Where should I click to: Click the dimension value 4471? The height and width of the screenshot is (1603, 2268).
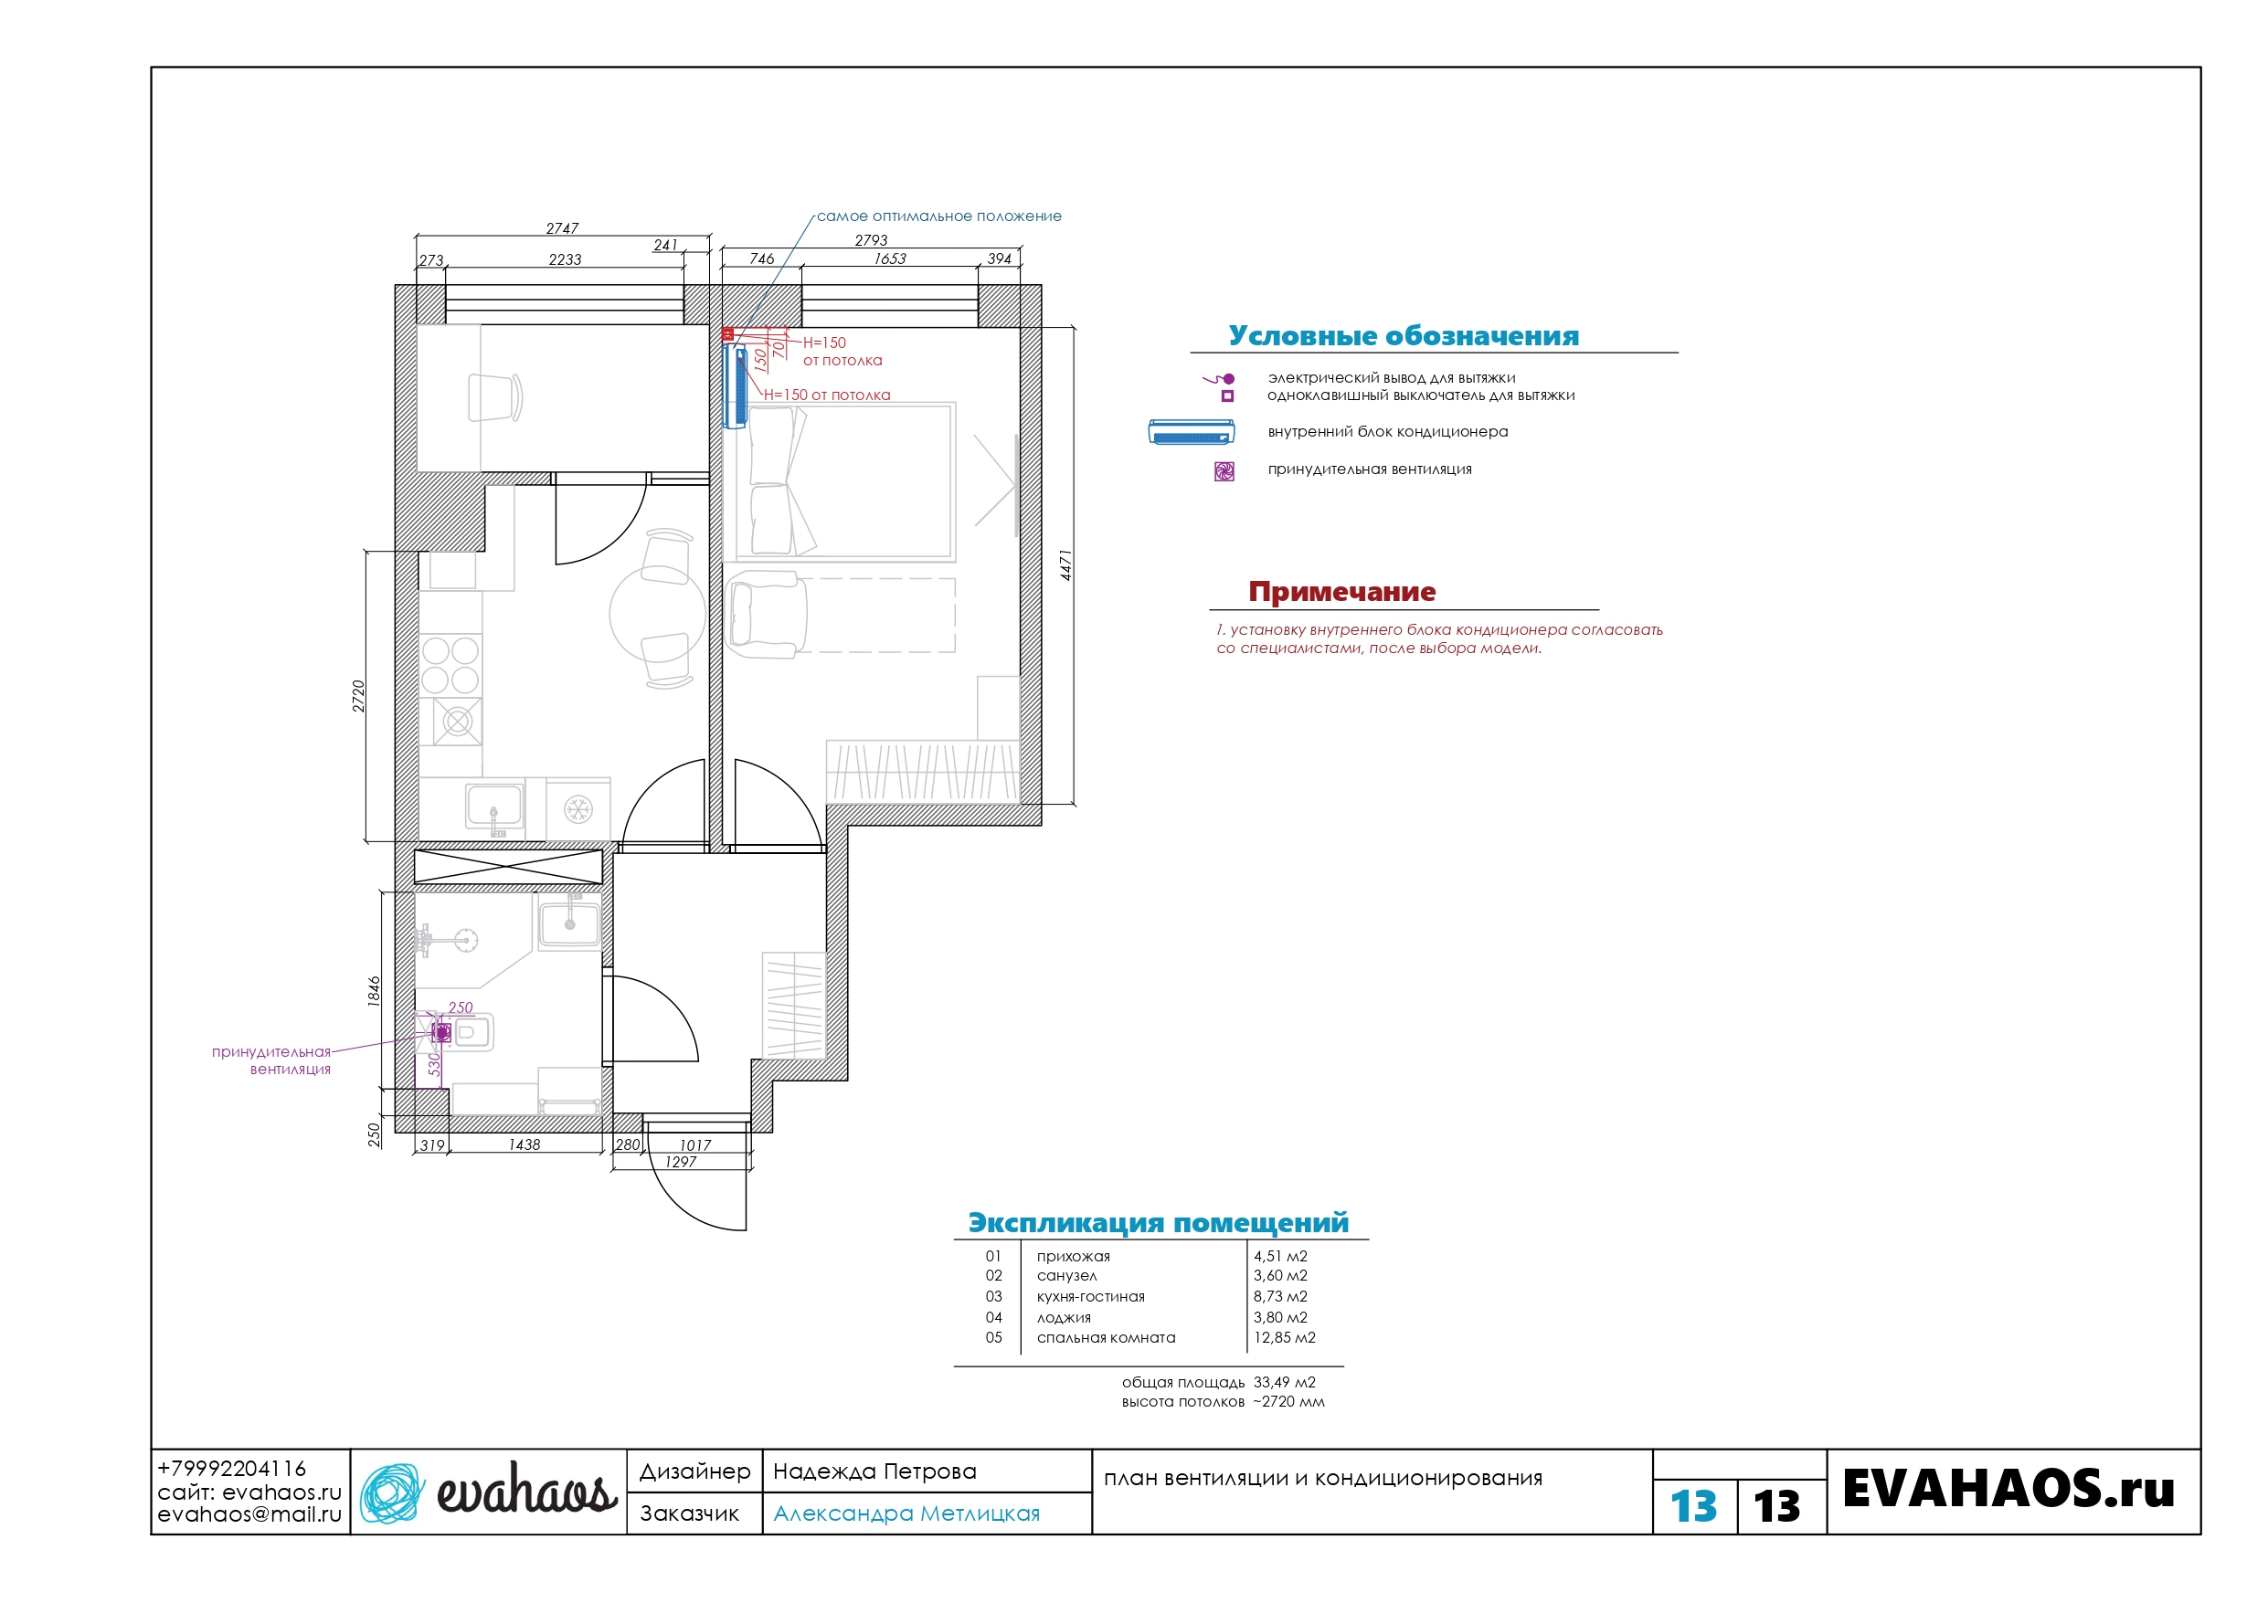click(x=1065, y=565)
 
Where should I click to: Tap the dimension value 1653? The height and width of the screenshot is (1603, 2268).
click(x=890, y=258)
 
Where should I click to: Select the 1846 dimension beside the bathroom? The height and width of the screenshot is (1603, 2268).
click(x=375, y=991)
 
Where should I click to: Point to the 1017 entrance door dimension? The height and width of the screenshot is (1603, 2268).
click(x=694, y=1144)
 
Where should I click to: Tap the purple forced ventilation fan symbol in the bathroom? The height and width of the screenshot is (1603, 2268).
click(x=441, y=1032)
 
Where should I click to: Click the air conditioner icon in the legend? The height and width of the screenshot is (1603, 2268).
click(x=1192, y=433)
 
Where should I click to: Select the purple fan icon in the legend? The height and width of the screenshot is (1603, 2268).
click(x=1224, y=471)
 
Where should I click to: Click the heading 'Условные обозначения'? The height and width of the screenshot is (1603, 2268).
click(x=1404, y=336)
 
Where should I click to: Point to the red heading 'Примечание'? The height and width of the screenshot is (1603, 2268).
click(x=1341, y=592)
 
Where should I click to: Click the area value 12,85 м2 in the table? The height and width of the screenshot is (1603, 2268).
click(x=1284, y=1337)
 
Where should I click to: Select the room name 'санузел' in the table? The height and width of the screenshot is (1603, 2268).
click(x=1066, y=1276)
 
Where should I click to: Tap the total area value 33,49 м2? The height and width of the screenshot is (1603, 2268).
click(x=1284, y=1382)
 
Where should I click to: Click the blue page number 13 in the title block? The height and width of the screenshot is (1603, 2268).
click(x=1693, y=1506)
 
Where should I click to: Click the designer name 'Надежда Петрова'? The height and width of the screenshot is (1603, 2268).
click(x=874, y=1471)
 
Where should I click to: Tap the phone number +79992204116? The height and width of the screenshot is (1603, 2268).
click(x=232, y=1469)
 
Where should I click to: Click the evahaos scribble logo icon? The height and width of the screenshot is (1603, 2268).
click(x=391, y=1492)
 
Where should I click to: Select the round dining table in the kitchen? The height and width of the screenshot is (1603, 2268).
click(x=658, y=615)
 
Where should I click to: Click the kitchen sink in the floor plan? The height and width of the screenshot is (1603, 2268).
click(x=495, y=805)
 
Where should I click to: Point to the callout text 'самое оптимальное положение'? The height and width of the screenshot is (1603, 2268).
click(x=939, y=216)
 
